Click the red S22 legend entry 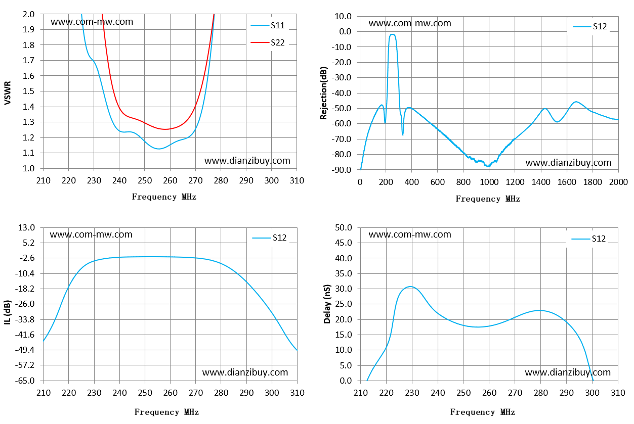tap(268, 42)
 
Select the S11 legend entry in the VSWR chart tap(268, 25)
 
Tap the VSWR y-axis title tap(8, 92)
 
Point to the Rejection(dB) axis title tap(323, 93)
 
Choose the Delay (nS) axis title tap(327, 304)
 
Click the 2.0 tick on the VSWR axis tap(28, 14)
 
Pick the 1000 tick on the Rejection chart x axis tap(489, 182)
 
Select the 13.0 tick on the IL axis tap(26, 227)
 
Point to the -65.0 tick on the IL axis tap(25, 381)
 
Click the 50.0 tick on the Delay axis tap(344, 227)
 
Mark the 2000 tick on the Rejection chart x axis tap(618, 182)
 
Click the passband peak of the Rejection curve tap(392, 34)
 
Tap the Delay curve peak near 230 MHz tap(410, 287)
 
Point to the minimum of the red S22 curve tap(165, 129)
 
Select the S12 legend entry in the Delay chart tap(588, 239)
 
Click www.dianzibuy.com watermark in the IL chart tap(245, 372)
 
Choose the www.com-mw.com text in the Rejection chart tap(410, 23)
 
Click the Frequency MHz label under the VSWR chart tap(164, 197)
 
